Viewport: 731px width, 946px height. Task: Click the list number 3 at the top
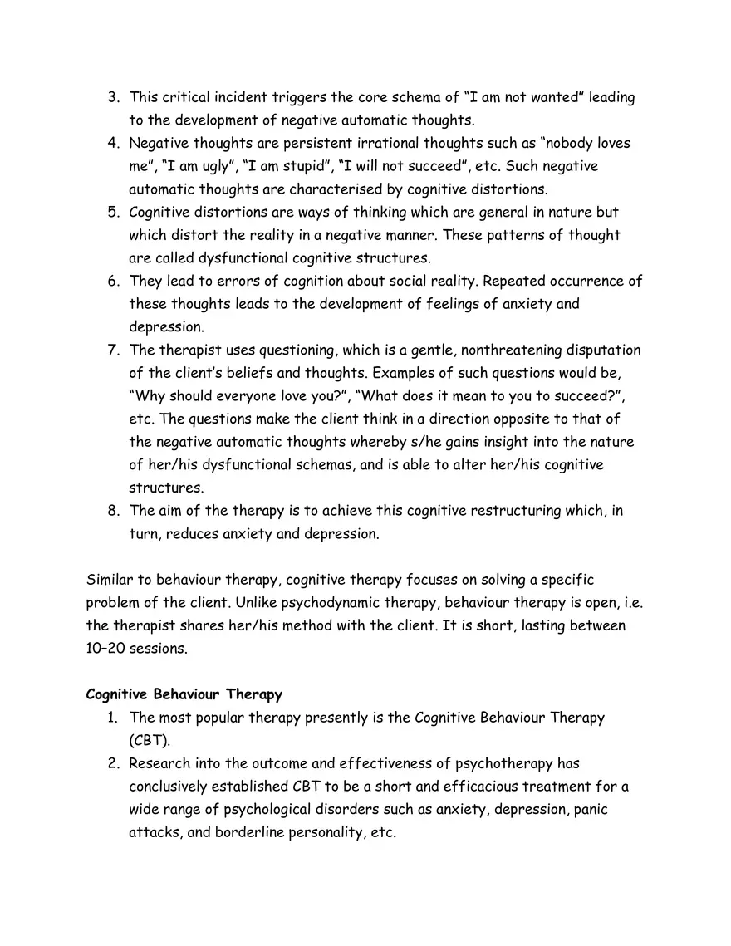[114, 98]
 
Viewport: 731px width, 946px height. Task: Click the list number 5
[114, 213]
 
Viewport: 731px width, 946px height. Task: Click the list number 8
[114, 511]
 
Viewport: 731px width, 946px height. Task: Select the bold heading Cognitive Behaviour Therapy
[184, 694]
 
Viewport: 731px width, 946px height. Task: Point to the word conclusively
[173, 786]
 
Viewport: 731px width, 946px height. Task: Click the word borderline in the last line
[253, 831]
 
